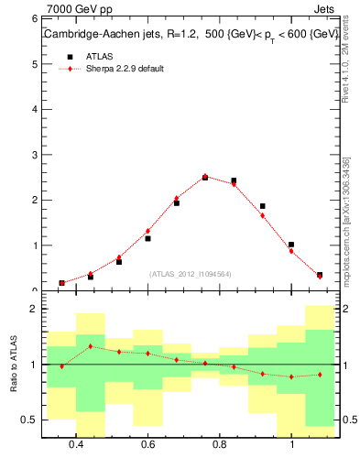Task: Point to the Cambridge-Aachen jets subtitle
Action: click(188, 35)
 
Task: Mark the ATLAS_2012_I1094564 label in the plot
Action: click(191, 274)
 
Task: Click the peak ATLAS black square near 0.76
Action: click(205, 178)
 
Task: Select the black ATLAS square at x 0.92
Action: click(263, 206)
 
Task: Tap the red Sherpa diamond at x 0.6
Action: click(147, 231)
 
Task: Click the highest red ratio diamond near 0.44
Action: click(90, 346)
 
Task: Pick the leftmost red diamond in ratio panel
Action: click(61, 366)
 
